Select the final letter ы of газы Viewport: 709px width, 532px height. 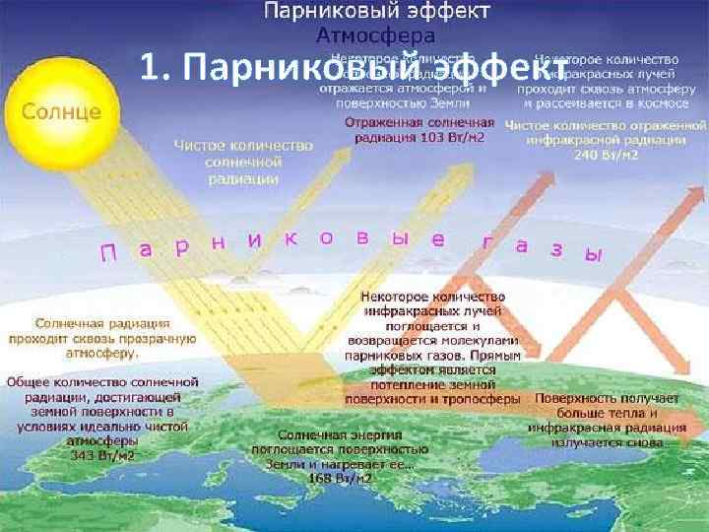pos(592,252)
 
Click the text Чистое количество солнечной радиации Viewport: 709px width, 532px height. pos(243,162)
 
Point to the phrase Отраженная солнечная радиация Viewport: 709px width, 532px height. pos(419,128)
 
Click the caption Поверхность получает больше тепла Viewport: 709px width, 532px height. pos(608,407)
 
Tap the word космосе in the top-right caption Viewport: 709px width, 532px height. pos(647,101)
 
